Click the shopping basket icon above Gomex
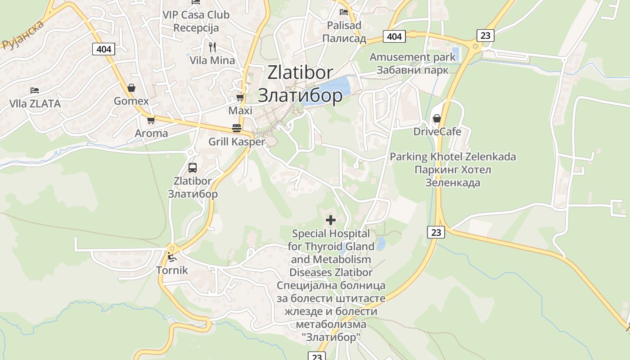click(x=131, y=88)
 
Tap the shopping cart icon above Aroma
click(x=151, y=120)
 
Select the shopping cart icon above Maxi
click(x=240, y=97)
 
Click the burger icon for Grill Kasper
click(x=237, y=128)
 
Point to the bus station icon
click(x=193, y=168)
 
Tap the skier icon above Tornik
click(x=171, y=257)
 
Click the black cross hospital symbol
click(x=331, y=220)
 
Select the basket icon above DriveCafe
click(x=436, y=118)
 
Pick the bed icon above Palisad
click(x=344, y=12)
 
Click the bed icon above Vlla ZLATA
click(x=35, y=90)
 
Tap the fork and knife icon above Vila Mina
click(x=212, y=47)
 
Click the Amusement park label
click(x=413, y=57)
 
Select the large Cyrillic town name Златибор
click(x=300, y=95)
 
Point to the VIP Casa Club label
click(x=196, y=15)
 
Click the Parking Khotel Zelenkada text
click(x=453, y=157)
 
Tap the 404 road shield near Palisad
click(x=394, y=36)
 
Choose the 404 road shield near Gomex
click(x=103, y=49)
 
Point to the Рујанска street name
click(x=23, y=35)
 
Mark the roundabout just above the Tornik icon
click(x=171, y=248)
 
